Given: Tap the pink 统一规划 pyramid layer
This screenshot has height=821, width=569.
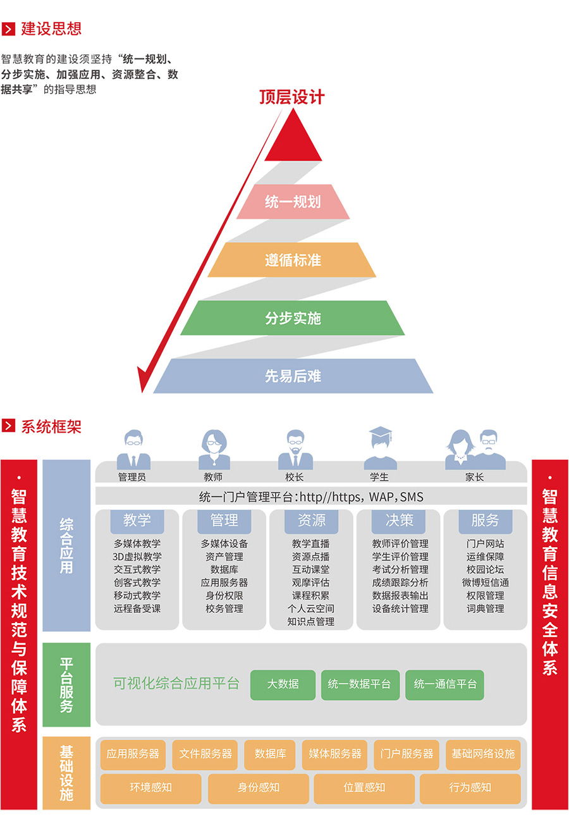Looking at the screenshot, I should pos(293,202).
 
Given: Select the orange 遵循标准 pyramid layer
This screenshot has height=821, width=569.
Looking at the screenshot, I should pos(293,260).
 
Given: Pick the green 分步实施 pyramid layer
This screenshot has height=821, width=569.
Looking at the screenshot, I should pos(293,318).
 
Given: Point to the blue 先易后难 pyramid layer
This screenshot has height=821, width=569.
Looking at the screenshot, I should pos(293,376).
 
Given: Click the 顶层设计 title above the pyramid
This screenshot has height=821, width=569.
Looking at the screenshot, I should pos(291,97).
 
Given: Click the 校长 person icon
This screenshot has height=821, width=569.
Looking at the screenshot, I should pos(295,450).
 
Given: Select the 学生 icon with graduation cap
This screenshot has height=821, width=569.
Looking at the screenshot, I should pos(380,448).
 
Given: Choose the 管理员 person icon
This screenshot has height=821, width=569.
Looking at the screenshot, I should pos(133,450).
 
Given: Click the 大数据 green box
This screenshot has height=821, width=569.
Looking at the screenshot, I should pos(283,684).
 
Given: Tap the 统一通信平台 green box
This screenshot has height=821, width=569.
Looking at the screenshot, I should pos(444,684).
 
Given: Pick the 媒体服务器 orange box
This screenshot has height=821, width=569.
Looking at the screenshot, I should pos(335,754).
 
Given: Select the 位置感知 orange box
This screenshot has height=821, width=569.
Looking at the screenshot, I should pos(364,787).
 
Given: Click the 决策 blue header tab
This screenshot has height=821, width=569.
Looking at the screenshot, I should pos(399,521).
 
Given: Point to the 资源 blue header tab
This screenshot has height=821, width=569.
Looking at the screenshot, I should pos(312,521).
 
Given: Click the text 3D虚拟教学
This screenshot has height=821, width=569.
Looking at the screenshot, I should pos(137,557).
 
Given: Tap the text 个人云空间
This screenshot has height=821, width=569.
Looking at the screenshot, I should pos(311,608).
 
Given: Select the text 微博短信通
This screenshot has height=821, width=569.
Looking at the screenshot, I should pos(486,583).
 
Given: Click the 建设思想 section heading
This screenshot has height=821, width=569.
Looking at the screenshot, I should pos(51,28).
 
